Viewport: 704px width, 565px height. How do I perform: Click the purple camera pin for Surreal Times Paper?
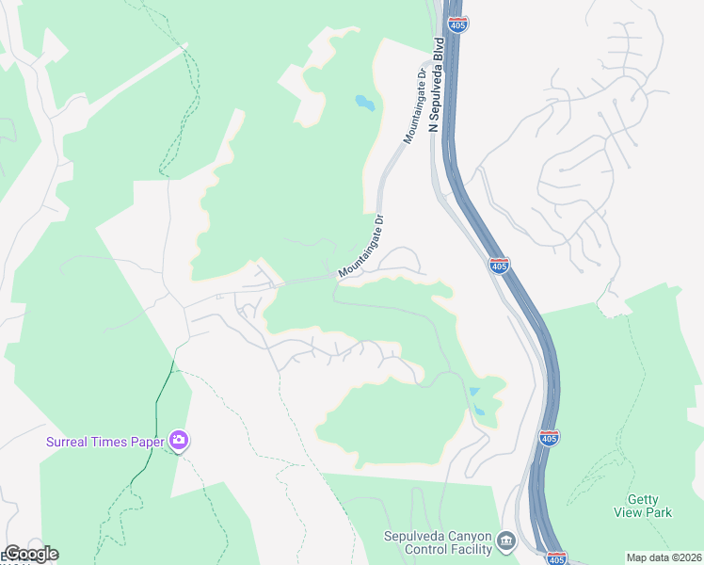[x=179, y=440]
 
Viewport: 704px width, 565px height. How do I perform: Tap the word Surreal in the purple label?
[x=71, y=441]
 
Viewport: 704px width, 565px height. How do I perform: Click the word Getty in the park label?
[x=644, y=500]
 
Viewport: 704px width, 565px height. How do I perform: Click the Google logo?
[x=30, y=554]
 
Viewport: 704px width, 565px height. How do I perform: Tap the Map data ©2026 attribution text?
[x=664, y=557]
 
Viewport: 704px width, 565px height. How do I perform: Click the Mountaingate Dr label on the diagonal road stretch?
[x=362, y=247]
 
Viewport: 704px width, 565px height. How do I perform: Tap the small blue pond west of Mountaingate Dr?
[x=364, y=102]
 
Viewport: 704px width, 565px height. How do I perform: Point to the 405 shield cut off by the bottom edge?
[x=556, y=558]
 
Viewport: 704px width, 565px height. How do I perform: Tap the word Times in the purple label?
[x=111, y=441]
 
